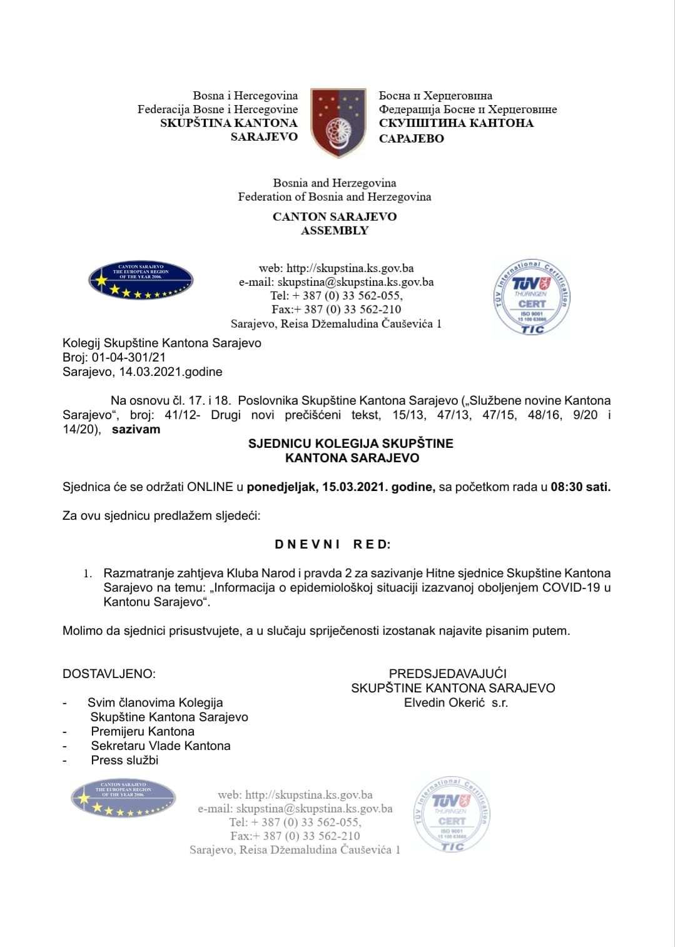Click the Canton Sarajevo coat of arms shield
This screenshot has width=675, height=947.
[338, 123]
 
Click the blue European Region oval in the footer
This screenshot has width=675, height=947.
[123, 798]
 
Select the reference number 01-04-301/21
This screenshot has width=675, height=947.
[128, 357]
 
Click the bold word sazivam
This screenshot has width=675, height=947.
[136, 429]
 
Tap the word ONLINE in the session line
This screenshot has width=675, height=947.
[210, 487]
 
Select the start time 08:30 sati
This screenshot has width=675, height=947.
[580, 487]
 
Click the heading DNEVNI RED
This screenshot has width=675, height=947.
[333, 544]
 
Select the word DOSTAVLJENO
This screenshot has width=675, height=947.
[109, 674]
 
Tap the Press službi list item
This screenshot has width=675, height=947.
[124, 760]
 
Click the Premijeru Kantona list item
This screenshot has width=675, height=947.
[143, 731]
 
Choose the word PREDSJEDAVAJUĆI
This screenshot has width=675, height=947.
[448, 674]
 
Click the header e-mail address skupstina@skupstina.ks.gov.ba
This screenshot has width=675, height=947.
[355, 282]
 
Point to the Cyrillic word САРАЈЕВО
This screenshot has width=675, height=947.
[411, 138]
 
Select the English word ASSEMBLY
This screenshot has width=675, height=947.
[335, 230]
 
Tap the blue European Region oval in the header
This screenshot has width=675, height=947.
[141, 280]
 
